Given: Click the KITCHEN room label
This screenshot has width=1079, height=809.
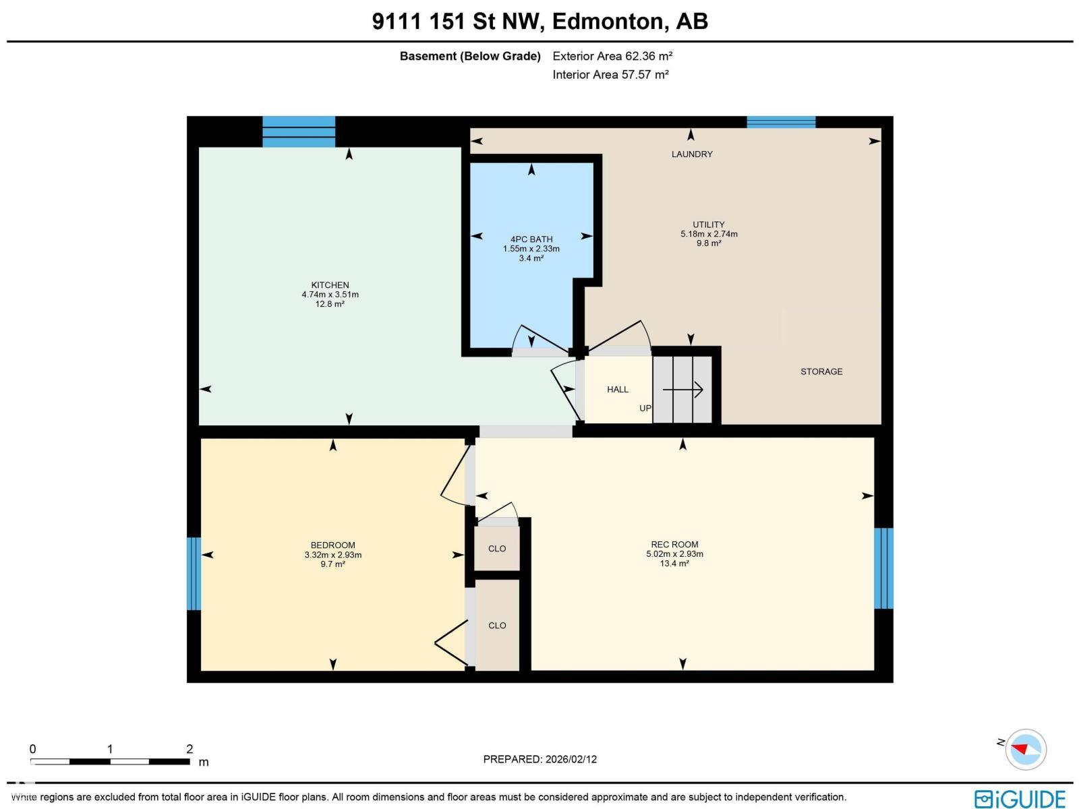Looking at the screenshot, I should coord(330,285).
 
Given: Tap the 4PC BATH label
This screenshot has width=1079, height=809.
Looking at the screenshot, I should coord(531,239).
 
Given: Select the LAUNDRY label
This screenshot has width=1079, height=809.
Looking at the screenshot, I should coord(692,154).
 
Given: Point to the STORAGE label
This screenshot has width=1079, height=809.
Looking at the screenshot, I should coord(821,371).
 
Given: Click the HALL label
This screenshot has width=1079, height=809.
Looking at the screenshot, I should coord(617,390).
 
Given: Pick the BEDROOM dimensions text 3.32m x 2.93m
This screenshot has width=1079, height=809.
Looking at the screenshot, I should coord(332,555).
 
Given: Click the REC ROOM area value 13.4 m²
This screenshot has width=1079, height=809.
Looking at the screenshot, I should coord(674,564).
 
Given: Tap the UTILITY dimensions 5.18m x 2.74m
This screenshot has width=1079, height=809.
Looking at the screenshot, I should coord(709,234).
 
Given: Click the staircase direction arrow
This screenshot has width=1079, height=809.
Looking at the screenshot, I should coord(683,390).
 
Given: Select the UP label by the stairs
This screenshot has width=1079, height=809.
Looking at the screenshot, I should coord(645,409).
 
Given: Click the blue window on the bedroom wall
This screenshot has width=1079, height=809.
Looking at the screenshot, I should coord(194,573).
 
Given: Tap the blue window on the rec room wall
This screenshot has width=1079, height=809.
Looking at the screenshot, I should coord(883,568).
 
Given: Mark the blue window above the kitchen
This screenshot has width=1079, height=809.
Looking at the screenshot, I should coord(299,131).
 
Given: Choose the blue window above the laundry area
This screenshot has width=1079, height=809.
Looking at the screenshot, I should coord(781,122).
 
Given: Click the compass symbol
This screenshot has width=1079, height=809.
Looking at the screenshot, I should coord(1025,749).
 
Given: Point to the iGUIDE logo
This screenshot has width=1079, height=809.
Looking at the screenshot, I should coord(1020,798).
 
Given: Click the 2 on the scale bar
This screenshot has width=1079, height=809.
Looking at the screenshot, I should coord(189,749).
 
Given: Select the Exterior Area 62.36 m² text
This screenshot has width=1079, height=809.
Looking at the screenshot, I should coord(612,56).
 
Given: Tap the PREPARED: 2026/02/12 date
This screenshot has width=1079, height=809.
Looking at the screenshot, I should coord(539,759).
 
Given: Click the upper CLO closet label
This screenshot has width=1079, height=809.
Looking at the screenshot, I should coord(497,549).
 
